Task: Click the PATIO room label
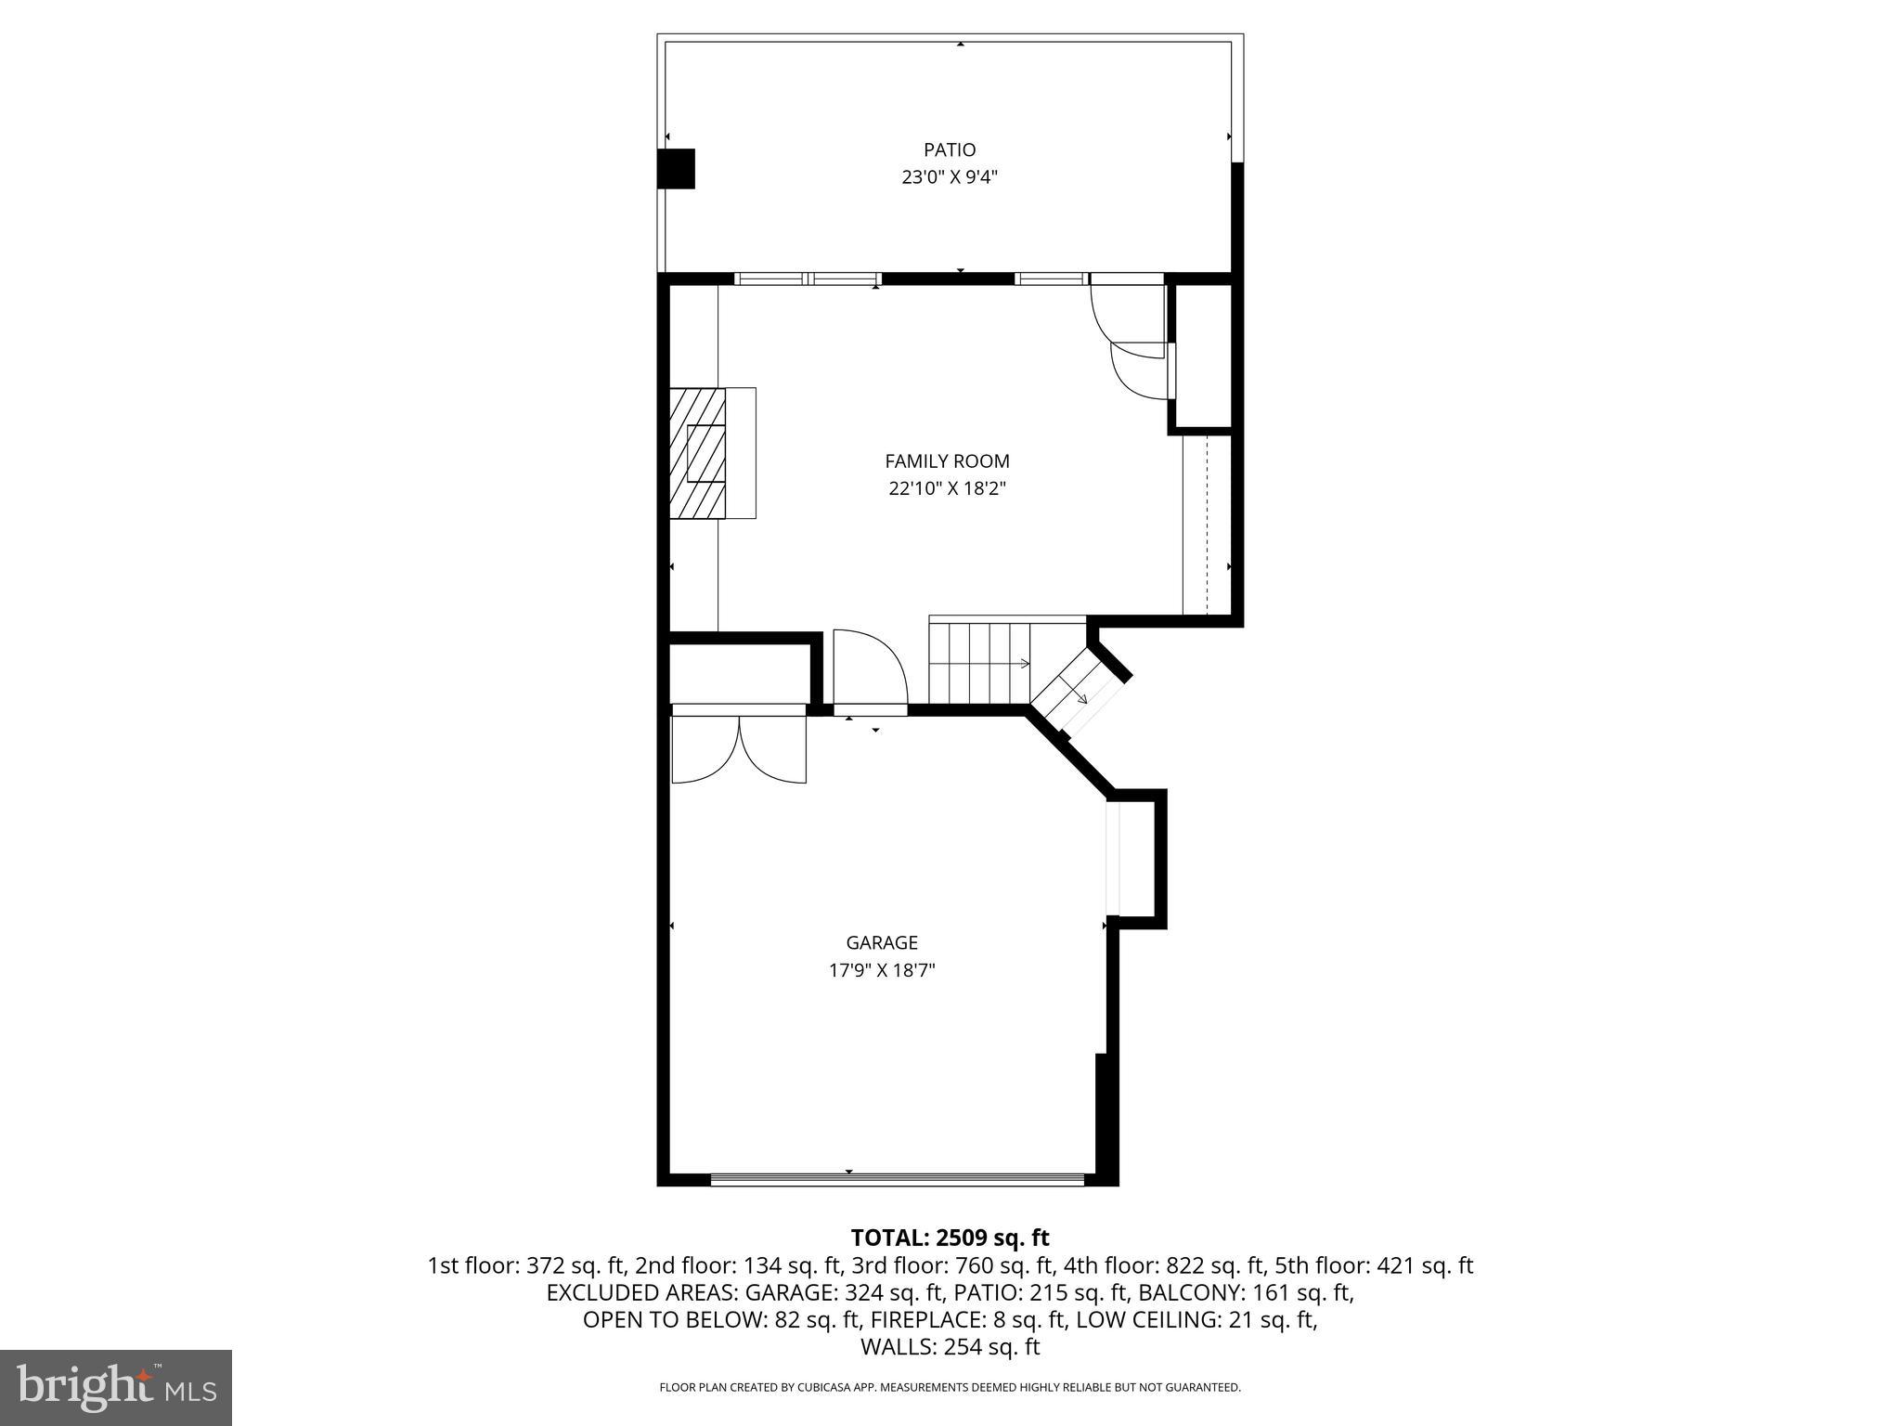(x=950, y=149)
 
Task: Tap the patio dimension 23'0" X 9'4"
(x=950, y=177)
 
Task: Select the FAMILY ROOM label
(x=947, y=460)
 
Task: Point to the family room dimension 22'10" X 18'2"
(x=947, y=488)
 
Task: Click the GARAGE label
(x=882, y=942)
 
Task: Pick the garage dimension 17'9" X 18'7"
(x=882, y=970)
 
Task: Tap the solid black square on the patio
(x=676, y=169)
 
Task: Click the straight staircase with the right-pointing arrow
(x=980, y=663)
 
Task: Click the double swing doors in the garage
(x=739, y=748)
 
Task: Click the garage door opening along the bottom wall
(x=897, y=1179)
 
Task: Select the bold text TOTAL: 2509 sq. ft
(x=950, y=1238)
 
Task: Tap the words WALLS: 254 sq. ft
(x=950, y=1347)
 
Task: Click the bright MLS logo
(x=116, y=1387)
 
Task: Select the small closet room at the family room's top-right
(x=1204, y=356)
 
